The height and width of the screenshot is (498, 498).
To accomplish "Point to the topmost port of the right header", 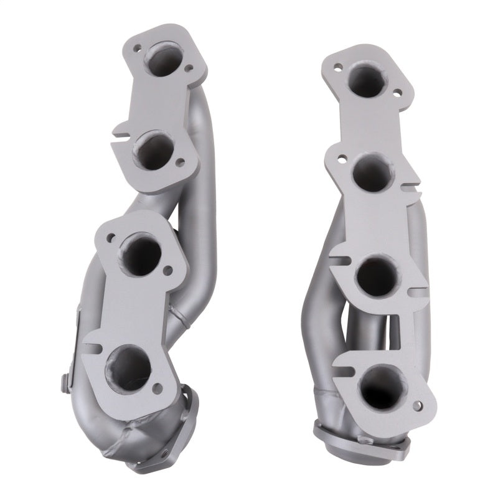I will pos(367,80).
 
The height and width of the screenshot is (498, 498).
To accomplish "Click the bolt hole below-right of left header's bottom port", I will pos(157,390).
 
